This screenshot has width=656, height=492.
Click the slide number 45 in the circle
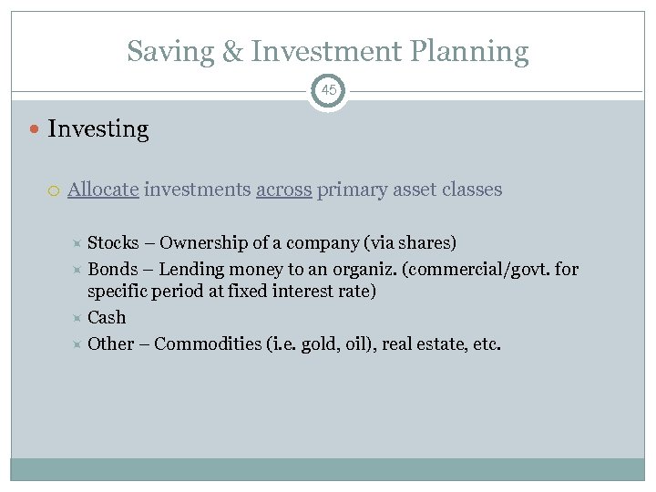(328, 91)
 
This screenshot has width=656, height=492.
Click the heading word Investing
(97, 129)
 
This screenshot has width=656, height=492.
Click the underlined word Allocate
(103, 190)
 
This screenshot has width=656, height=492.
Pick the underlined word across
(284, 190)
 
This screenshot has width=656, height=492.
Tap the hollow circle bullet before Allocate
(56, 190)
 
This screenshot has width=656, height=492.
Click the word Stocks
(113, 243)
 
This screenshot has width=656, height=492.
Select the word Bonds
(112, 269)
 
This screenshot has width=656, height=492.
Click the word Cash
(107, 317)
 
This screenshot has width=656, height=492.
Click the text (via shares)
(413, 243)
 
